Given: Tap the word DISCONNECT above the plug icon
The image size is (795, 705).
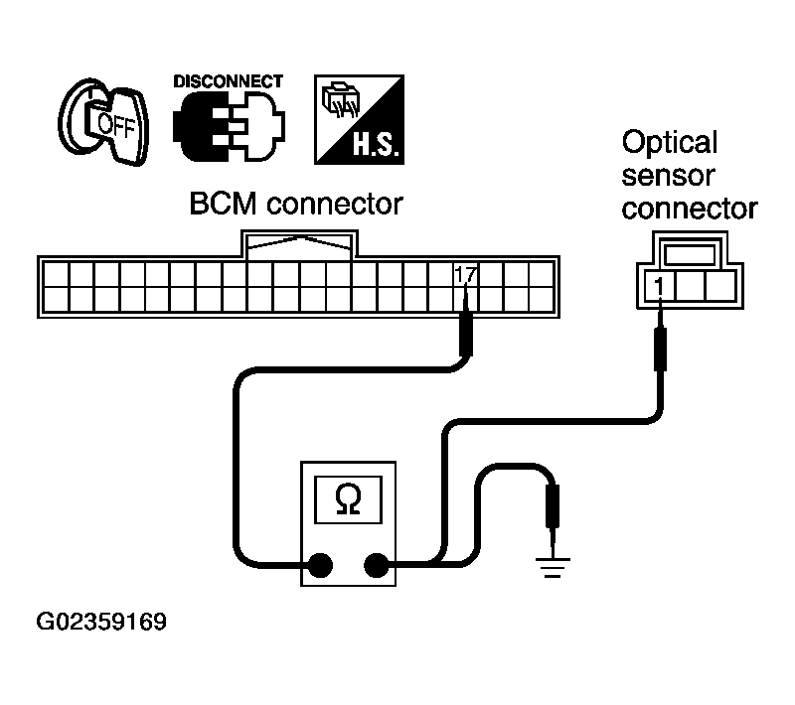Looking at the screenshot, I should coord(228,81).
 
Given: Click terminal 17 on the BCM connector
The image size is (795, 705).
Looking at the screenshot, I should coord(464,273).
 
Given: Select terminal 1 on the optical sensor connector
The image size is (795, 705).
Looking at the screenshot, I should coord(659,285).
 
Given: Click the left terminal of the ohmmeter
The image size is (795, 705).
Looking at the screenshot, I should coord(320,566).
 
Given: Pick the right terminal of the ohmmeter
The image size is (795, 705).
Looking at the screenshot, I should coord(377,566).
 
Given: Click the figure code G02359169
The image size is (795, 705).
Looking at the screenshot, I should coord(101,624).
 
